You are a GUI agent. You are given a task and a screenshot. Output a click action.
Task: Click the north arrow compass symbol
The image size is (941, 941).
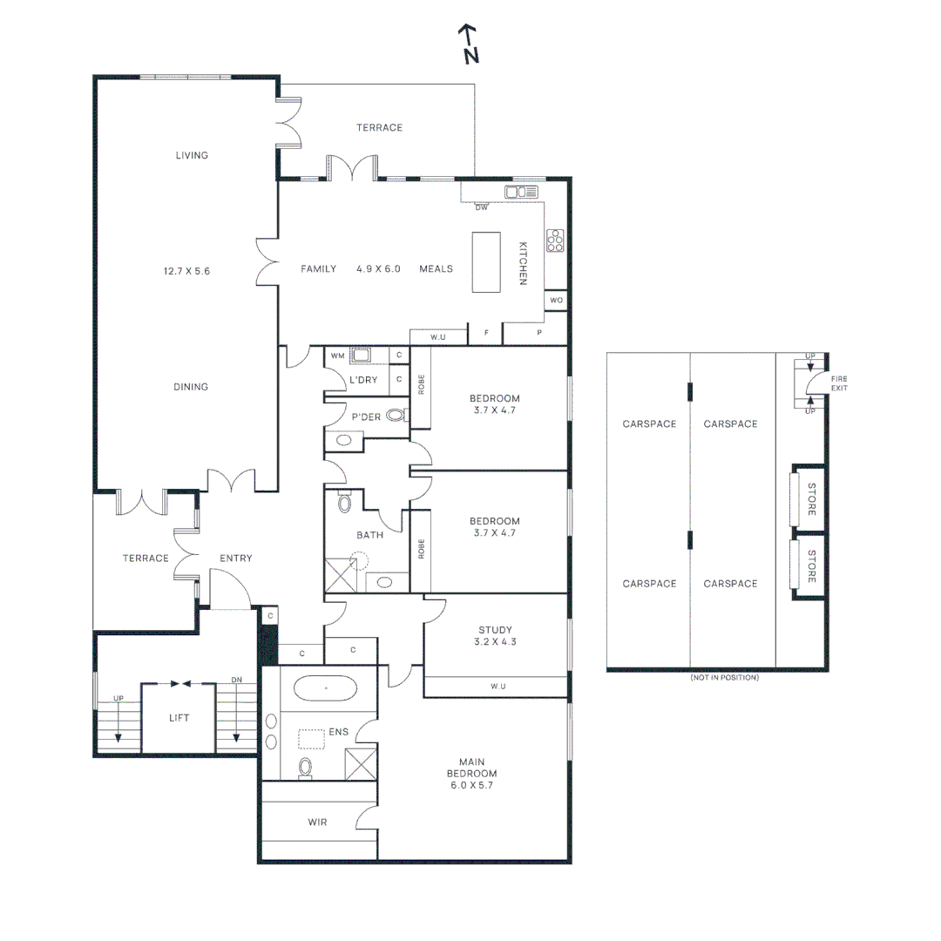(x=469, y=44)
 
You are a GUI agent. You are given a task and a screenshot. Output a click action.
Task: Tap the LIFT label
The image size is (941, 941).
(x=179, y=718)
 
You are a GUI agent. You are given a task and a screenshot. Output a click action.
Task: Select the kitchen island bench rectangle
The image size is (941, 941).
(x=486, y=262)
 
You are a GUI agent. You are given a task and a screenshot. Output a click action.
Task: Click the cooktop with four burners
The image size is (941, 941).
(x=555, y=240)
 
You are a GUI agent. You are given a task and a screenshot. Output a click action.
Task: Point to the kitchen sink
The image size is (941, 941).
(x=521, y=192)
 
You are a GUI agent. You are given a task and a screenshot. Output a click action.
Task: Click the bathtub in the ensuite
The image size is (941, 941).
(x=326, y=687)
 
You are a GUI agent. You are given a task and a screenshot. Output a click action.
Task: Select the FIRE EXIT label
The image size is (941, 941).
(x=839, y=383)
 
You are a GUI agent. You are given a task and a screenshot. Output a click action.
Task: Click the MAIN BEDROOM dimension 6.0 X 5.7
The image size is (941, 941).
(x=471, y=785)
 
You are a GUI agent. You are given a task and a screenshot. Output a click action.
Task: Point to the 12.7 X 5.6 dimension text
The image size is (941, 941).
(x=186, y=271)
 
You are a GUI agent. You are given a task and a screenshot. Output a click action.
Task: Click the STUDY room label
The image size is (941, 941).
(x=495, y=630)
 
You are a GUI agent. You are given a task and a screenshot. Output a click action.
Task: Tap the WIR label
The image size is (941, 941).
(x=317, y=823)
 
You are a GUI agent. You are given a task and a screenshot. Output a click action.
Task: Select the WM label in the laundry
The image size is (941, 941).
(x=338, y=355)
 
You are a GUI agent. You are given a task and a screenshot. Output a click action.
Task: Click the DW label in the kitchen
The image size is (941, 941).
(x=481, y=207)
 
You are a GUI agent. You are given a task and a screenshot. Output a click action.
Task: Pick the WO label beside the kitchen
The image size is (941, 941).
(x=556, y=300)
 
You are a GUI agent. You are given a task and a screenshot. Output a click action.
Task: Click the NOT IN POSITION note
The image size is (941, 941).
(x=724, y=678)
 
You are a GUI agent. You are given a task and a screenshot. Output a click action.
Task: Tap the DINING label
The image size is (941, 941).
(x=191, y=387)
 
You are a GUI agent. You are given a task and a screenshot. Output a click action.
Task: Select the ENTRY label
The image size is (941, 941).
(x=236, y=559)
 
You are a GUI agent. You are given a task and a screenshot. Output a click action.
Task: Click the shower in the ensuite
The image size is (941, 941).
(x=361, y=765)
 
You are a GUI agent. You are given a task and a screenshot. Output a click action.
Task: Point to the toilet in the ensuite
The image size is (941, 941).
(x=306, y=768)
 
